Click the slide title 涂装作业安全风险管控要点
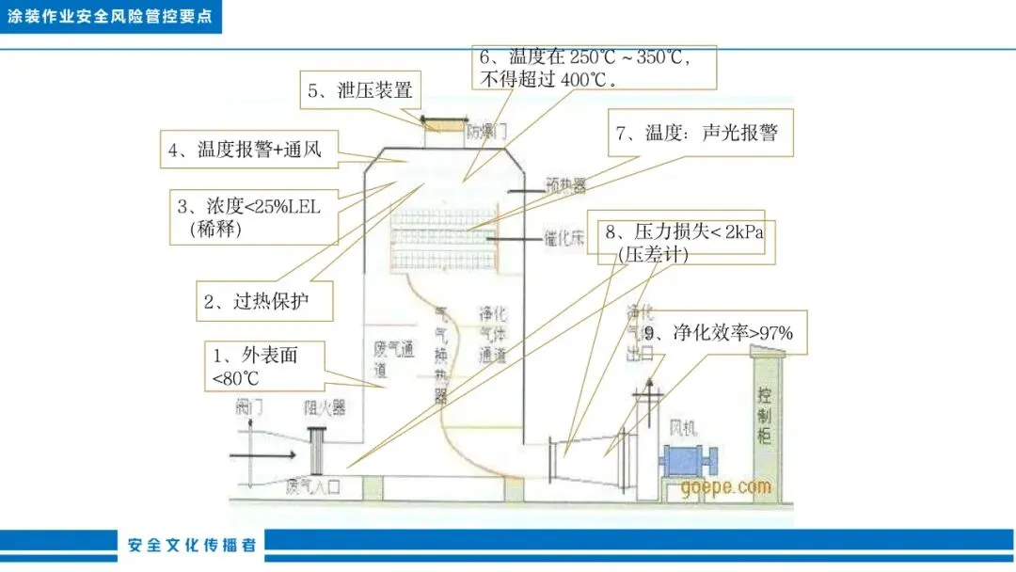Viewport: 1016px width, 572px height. (x=110, y=18)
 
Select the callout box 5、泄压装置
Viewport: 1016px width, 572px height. (x=360, y=92)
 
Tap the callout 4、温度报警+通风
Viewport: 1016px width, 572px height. (x=248, y=150)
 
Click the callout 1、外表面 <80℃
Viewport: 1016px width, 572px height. (x=265, y=367)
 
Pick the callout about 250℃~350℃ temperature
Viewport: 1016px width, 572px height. (x=593, y=67)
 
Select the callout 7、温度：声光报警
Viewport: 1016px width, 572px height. (x=697, y=135)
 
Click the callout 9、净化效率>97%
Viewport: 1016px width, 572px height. (x=724, y=332)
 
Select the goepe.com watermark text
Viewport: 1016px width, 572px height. (x=725, y=487)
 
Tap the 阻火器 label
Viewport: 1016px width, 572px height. (x=324, y=408)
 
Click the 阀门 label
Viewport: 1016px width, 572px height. (x=249, y=407)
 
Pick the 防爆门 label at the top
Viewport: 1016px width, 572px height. (x=486, y=133)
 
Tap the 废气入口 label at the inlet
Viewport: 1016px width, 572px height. (x=312, y=486)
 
